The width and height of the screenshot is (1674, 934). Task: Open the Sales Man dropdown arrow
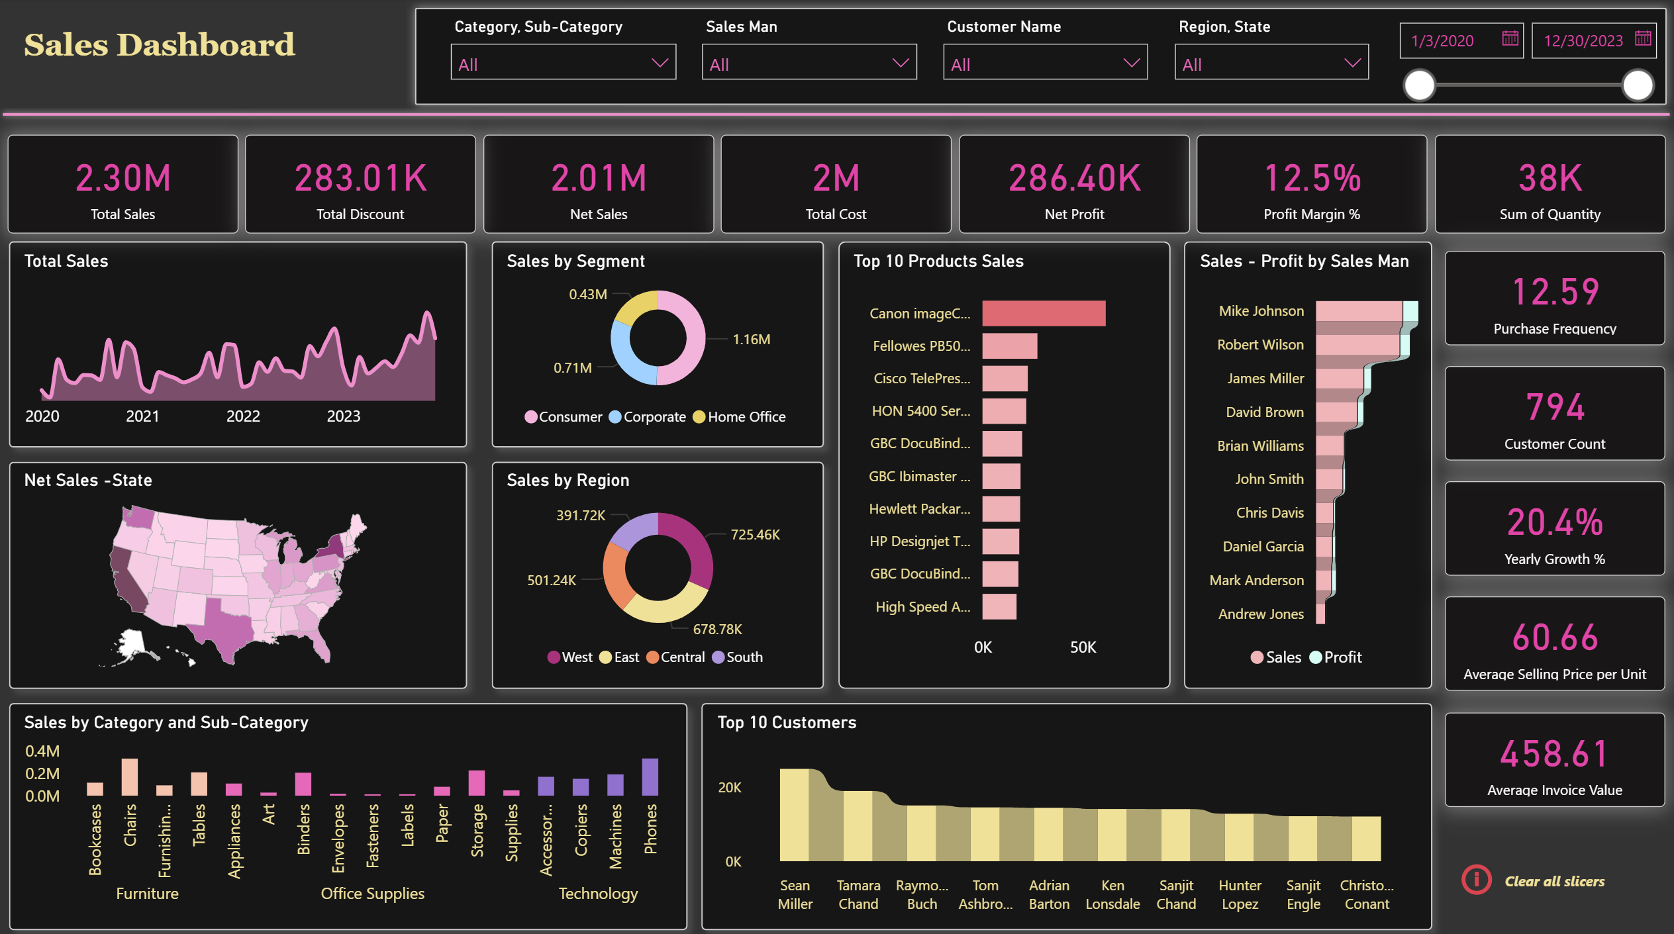[x=900, y=63]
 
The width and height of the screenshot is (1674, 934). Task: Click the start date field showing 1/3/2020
[x=1444, y=41]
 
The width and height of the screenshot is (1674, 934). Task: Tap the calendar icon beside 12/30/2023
[x=1643, y=39]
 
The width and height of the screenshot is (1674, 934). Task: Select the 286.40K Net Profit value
[x=1074, y=179]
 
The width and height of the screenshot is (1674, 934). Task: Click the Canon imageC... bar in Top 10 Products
[x=1043, y=314]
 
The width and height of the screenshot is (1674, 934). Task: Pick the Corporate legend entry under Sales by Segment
[x=647, y=417]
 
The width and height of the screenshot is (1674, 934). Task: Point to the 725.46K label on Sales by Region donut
[x=755, y=535]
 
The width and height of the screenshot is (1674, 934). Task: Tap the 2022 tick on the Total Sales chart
[x=243, y=416]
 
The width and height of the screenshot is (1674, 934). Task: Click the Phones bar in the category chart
[x=650, y=776]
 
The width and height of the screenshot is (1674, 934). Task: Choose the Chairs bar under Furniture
[x=130, y=777]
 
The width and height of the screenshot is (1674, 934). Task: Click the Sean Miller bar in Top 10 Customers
[x=795, y=815]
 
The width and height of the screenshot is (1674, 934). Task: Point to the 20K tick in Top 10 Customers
[x=730, y=788]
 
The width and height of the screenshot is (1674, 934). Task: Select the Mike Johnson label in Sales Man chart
[x=1261, y=311]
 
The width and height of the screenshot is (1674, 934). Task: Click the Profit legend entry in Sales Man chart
[x=1336, y=657]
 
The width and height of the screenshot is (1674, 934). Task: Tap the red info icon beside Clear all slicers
[x=1476, y=880]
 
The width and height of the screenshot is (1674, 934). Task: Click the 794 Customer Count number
[x=1554, y=407]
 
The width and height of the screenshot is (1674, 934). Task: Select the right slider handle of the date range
[x=1638, y=86]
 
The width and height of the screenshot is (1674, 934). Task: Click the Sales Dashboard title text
[x=160, y=45]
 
